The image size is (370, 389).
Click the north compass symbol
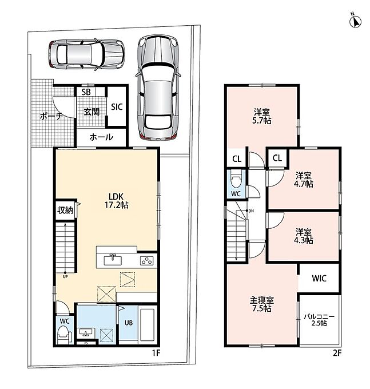pyautogui.click(x=355, y=21)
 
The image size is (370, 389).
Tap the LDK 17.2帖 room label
pyautogui.click(x=116, y=201)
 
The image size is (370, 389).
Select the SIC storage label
pyautogui.click(x=117, y=107)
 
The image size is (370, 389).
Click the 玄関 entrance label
pyautogui.click(x=91, y=112)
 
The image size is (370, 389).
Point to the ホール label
pyautogui.click(x=101, y=137)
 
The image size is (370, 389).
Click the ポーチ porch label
pyautogui.click(x=51, y=116)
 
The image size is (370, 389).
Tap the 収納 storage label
pyautogui.click(x=65, y=210)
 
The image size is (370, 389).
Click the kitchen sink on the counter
pyautogui.click(x=113, y=260)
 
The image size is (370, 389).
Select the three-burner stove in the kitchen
pyautogui.click(x=146, y=261)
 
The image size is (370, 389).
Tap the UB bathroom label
pyautogui.click(x=129, y=323)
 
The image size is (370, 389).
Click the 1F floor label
pyautogui.click(x=156, y=353)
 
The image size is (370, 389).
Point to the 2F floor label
pyautogui.click(x=337, y=353)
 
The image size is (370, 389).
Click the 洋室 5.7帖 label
pyautogui.click(x=262, y=116)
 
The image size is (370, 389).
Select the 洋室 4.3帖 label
pyautogui.click(x=304, y=236)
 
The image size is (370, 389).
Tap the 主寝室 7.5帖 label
pyautogui.click(x=262, y=304)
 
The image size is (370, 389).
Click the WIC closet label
pyautogui.click(x=319, y=279)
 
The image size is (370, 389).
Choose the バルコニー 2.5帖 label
pyautogui.click(x=319, y=320)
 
